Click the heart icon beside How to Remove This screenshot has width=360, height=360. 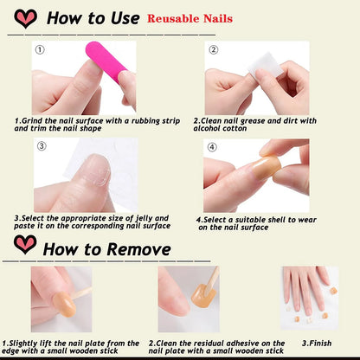[x=25, y=245]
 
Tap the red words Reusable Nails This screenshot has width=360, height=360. [x=189, y=18]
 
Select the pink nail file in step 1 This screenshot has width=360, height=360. [x=98, y=65]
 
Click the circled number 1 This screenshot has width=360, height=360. [x=39, y=49]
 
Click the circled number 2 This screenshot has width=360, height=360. [x=213, y=49]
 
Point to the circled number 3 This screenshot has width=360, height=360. [x=40, y=146]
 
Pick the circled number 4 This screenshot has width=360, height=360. [x=212, y=146]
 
